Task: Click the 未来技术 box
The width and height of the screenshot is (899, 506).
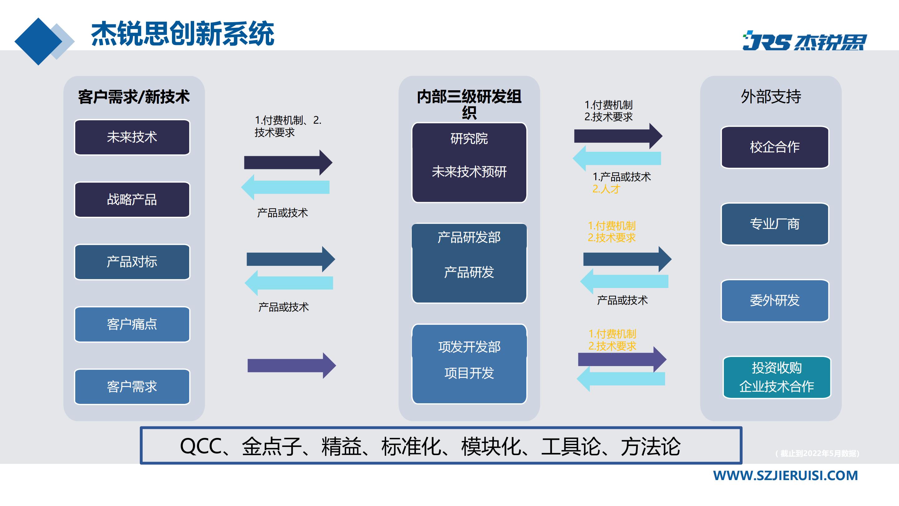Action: coord(132,137)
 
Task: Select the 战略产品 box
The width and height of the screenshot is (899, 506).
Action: coord(132,200)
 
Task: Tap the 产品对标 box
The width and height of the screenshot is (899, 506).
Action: coord(132,262)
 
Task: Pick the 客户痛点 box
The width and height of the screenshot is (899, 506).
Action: coord(132,325)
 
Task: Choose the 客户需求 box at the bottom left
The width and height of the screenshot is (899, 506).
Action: coord(132,387)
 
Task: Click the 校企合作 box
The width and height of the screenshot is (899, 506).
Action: coord(775,147)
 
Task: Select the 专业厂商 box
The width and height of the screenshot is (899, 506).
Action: coord(775,224)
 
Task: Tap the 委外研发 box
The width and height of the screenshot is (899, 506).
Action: coord(775,300)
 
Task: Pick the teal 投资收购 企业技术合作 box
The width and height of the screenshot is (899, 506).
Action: coord(777,377)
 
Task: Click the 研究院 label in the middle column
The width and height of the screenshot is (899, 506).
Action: coord(469,139)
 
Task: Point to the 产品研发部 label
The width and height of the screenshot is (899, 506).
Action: coord(469,237)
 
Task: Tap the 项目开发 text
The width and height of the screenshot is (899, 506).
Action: coord(469,373)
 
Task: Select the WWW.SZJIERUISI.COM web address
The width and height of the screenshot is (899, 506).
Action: coord(785,476)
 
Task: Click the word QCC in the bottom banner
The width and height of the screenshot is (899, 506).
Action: coord(200,446)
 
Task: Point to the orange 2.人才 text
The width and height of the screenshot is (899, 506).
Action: coord(606,189)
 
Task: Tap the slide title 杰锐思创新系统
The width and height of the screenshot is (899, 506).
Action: coord(183,34)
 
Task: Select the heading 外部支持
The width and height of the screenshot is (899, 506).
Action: coord(771,97)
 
